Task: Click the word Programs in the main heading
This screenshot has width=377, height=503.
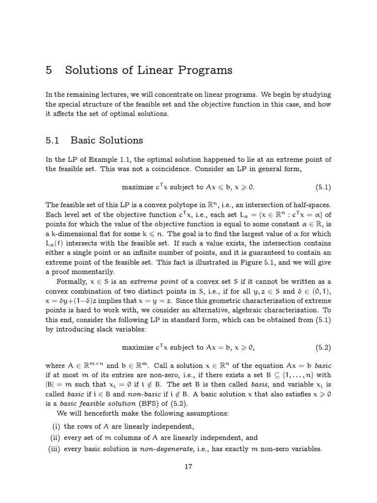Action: (205, 70)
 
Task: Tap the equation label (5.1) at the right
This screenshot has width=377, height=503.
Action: (323, 187)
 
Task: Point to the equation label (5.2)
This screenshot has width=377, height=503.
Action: (323, 347)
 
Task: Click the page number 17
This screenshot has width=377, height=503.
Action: (188, 467)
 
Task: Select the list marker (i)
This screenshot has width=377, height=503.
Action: (56, 426)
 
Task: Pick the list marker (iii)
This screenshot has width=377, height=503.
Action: (54, 448)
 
